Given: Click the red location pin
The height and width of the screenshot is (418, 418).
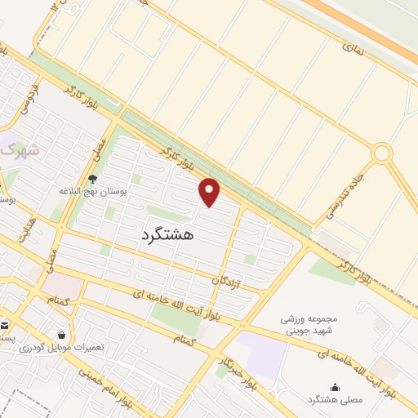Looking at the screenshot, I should pos(210,193).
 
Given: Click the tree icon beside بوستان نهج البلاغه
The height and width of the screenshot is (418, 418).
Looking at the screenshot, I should pos(92,179).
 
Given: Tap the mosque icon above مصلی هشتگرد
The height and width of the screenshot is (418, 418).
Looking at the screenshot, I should pos(334,387).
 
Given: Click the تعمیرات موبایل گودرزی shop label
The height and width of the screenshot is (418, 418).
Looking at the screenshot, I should pos(68,347).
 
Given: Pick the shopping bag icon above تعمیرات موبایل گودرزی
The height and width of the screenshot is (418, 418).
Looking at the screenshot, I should pos(62,334).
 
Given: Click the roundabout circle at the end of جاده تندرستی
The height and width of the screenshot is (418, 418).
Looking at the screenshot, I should pos(381,153).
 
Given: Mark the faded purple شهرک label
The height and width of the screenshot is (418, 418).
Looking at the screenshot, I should pos(18,151).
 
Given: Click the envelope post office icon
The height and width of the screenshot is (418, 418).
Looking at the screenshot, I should pos(4,325).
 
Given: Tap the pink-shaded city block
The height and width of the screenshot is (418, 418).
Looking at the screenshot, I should pos(62,285).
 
